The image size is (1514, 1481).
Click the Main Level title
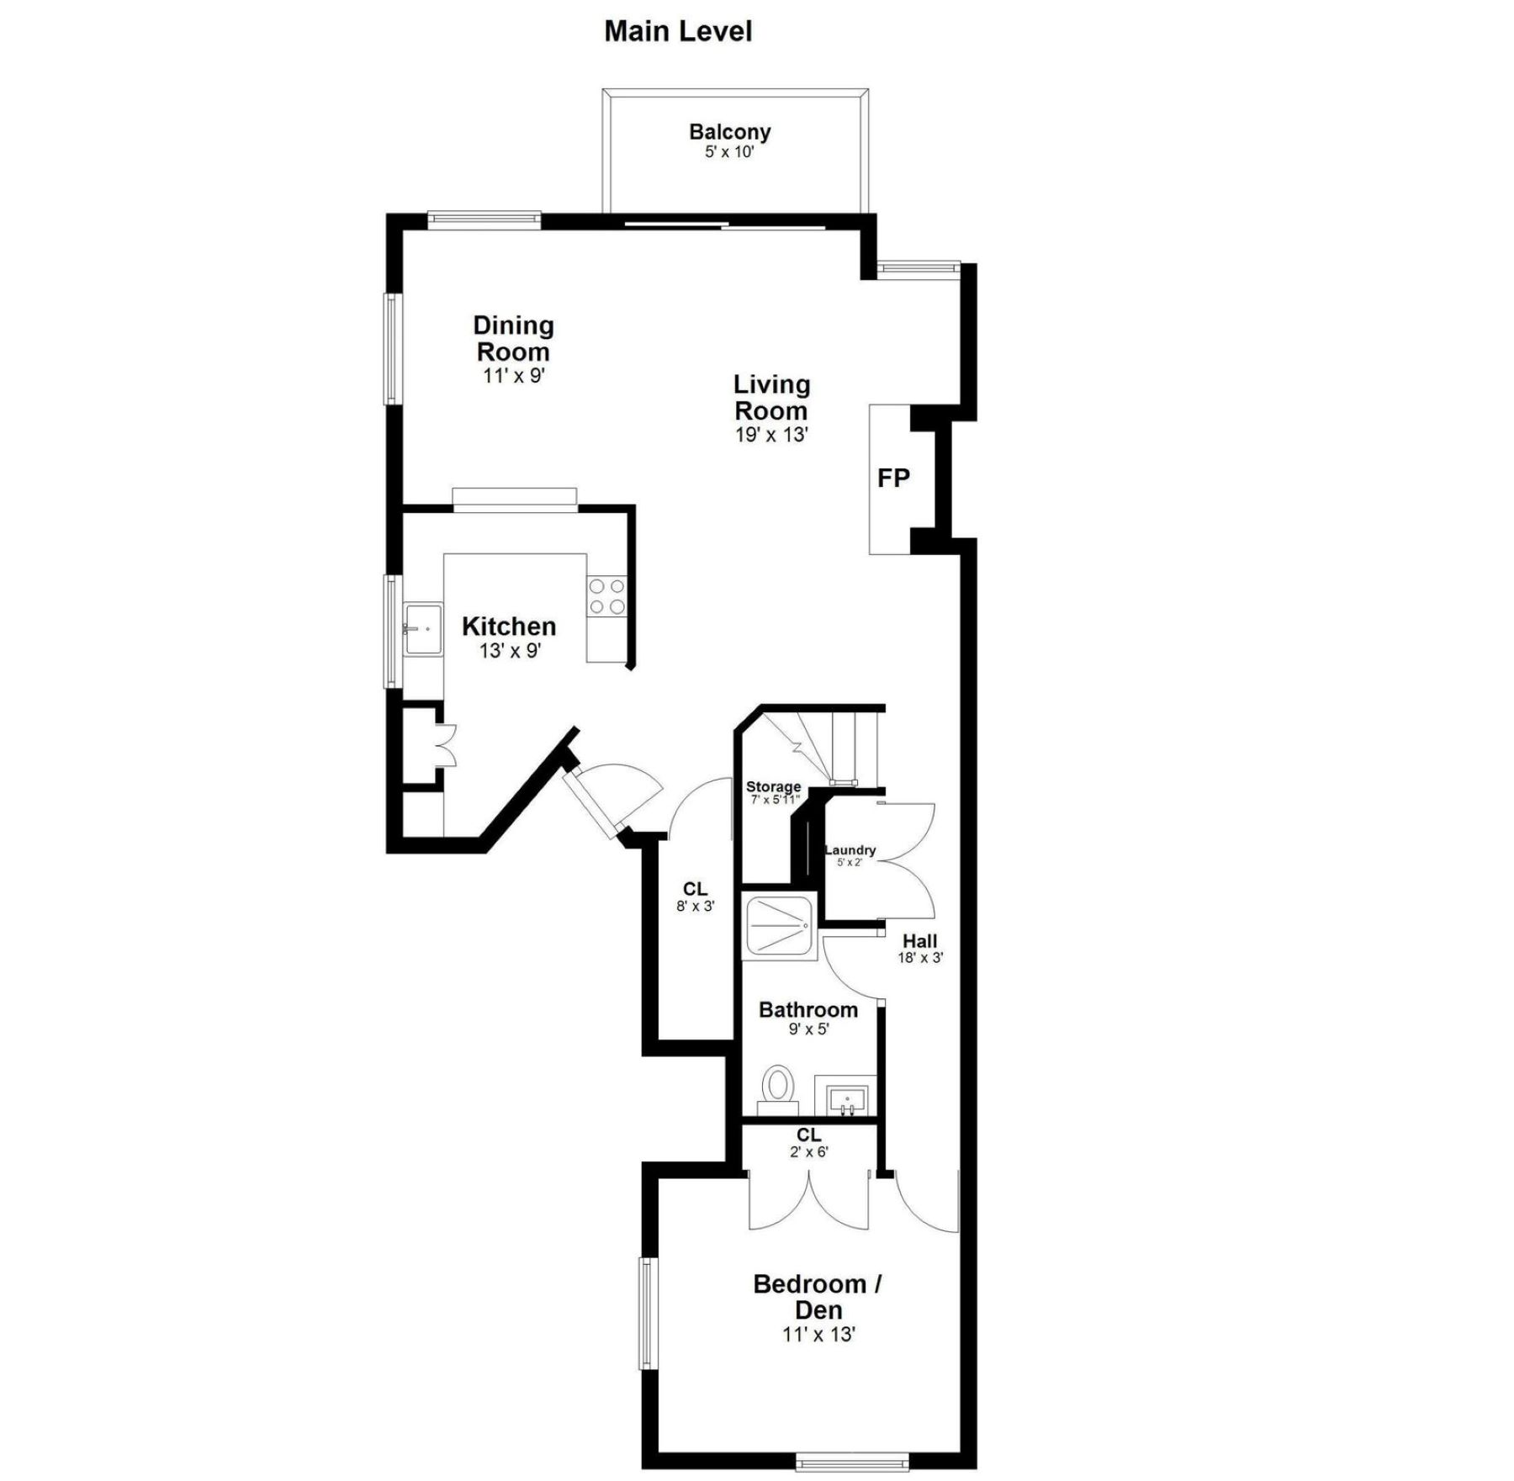(678, 32)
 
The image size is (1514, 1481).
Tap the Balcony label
(729, 131)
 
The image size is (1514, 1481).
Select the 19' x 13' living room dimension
(771, 435)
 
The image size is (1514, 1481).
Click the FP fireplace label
(893, 478)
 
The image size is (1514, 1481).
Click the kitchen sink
(422, 628)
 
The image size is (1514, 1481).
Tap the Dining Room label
(513, 338)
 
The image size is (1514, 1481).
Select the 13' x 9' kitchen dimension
(510, 650)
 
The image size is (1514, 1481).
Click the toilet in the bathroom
(778, 1085)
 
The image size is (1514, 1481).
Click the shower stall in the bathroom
(779, 926)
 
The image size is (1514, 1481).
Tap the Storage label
(773, 787)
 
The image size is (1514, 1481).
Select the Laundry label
(850, 850)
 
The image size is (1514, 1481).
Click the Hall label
(919, 941)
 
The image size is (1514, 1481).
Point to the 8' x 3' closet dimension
(695, 907)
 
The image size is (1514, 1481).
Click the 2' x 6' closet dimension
(808, 1152)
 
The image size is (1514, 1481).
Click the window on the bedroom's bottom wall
(852, 1464)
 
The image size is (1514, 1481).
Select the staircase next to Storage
(837, 744)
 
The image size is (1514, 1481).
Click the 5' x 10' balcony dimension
(729, 152)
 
